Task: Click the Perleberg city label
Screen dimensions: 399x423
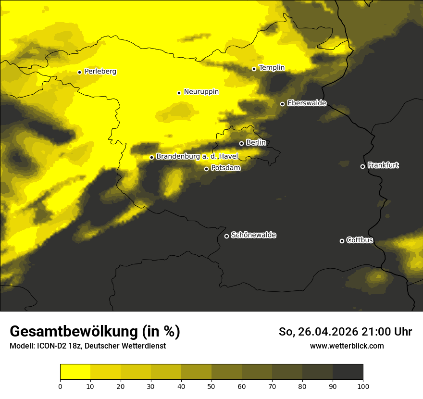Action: coord(100,72)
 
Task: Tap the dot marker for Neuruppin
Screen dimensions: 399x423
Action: coord(179,93)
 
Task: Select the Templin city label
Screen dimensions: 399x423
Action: coord(272,68)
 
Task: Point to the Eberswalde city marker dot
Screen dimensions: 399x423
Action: coord(282,104)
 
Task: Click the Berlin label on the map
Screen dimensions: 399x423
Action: coord(256,143)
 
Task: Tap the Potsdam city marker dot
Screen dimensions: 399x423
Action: coord(206,169)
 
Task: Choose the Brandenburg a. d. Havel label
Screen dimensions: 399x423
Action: coord(197,157)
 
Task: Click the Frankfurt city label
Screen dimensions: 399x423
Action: coord(383,165)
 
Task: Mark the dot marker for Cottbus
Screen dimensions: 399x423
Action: coord(342,241)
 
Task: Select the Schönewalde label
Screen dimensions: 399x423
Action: coord(253,235)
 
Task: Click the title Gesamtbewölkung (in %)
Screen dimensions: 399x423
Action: coord(95,332)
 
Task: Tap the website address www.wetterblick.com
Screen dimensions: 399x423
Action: coord(347,346)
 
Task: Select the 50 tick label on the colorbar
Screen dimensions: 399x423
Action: coord(211,386)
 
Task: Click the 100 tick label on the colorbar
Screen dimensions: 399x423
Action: coord(363,386)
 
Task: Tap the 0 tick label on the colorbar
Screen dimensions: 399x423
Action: coord(60,386)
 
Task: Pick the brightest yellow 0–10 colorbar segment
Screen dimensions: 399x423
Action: coord(75,372)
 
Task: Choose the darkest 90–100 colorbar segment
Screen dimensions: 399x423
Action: coord(348,372)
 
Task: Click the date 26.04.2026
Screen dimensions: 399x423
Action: coord(327,332)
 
